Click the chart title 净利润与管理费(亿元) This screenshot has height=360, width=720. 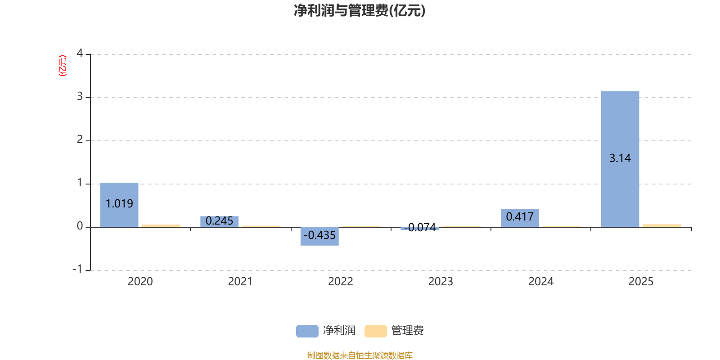click(360, 10)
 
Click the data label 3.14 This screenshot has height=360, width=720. click(620, 158)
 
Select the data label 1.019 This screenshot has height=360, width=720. click(119, 204)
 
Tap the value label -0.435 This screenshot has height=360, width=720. click(319, 235)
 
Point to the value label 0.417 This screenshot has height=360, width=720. click(520, 216)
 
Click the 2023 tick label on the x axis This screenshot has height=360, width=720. click(440, 282)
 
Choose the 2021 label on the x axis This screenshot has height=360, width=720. click(240, 282)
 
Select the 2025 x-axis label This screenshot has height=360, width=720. click(640, 282)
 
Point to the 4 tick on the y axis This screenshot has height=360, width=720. click(80, 54)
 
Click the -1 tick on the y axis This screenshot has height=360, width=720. click(78, 269)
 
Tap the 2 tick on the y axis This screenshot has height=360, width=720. click(80, 140)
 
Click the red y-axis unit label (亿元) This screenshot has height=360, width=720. click(63, 66)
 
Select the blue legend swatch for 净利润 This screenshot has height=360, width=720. click(307, 331)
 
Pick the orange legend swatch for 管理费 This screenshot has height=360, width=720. click(375, 331)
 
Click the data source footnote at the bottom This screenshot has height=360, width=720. click(360, 355)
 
